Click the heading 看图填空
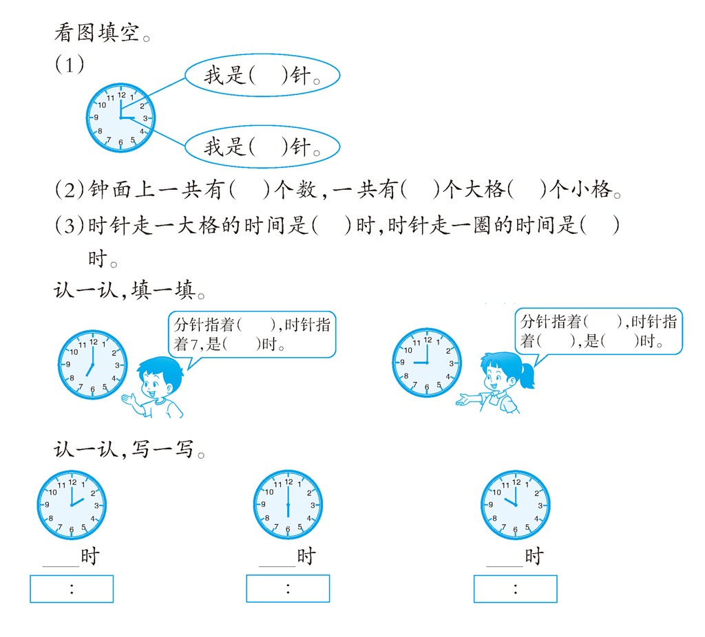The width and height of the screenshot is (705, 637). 102,33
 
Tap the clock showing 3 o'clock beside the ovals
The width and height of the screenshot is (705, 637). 120,118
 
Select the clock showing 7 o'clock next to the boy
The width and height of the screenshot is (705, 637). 93,365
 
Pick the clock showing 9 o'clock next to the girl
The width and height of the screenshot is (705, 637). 427,363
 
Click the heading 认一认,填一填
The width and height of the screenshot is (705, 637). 129,290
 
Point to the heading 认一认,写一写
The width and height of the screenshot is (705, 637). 129,449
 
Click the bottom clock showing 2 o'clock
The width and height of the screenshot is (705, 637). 72,505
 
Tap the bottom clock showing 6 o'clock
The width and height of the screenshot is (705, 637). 288,504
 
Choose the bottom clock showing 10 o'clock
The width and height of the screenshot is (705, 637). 515,505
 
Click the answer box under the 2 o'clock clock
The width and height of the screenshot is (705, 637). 72,589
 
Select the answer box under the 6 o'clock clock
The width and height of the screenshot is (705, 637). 288,588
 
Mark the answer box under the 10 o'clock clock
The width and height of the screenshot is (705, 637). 515,589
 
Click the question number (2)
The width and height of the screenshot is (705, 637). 70,190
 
